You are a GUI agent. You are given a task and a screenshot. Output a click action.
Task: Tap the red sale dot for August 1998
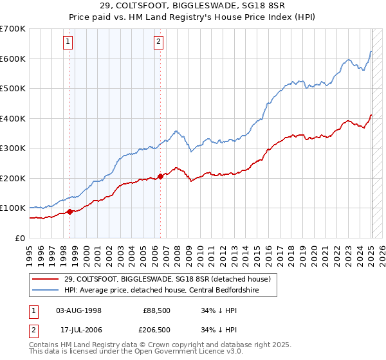coord(69,212)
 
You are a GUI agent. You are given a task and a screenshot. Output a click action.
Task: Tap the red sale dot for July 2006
coord(160,176)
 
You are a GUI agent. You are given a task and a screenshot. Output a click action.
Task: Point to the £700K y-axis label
coord(13,29)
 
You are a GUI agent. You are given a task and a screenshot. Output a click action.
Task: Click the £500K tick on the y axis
coord(13,89)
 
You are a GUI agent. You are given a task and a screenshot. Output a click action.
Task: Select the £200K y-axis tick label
coord(13,178)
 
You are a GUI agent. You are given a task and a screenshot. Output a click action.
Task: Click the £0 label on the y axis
coord(20,238)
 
